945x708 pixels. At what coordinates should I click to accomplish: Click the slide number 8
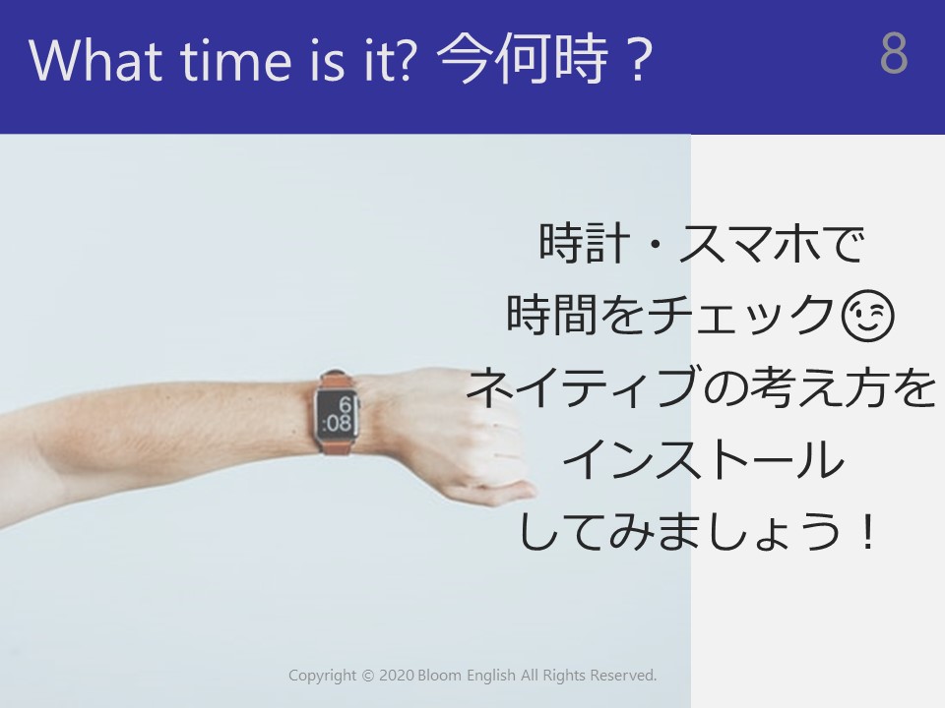click(x=894, y=53)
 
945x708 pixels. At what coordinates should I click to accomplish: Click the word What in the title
click(x=95, y=60)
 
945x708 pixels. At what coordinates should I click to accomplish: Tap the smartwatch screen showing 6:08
click(x=337, y=414)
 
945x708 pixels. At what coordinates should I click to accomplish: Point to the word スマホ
click(x=747, y=244)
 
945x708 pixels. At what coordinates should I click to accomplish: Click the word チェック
click(x=741, y=315)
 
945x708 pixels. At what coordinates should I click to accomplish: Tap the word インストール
click(x=703, y=459)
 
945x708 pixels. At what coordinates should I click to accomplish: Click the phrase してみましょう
click(x=678, y=530)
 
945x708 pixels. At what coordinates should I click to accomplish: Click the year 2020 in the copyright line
click(x=396, y=676)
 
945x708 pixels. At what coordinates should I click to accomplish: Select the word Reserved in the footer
click(x=622, y=676)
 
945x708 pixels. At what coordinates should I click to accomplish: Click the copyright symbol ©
click(x=367, y=677)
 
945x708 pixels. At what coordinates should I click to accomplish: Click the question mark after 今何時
click(x=639, y=60)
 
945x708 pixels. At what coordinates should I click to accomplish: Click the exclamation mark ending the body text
click(x=868, y=530)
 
